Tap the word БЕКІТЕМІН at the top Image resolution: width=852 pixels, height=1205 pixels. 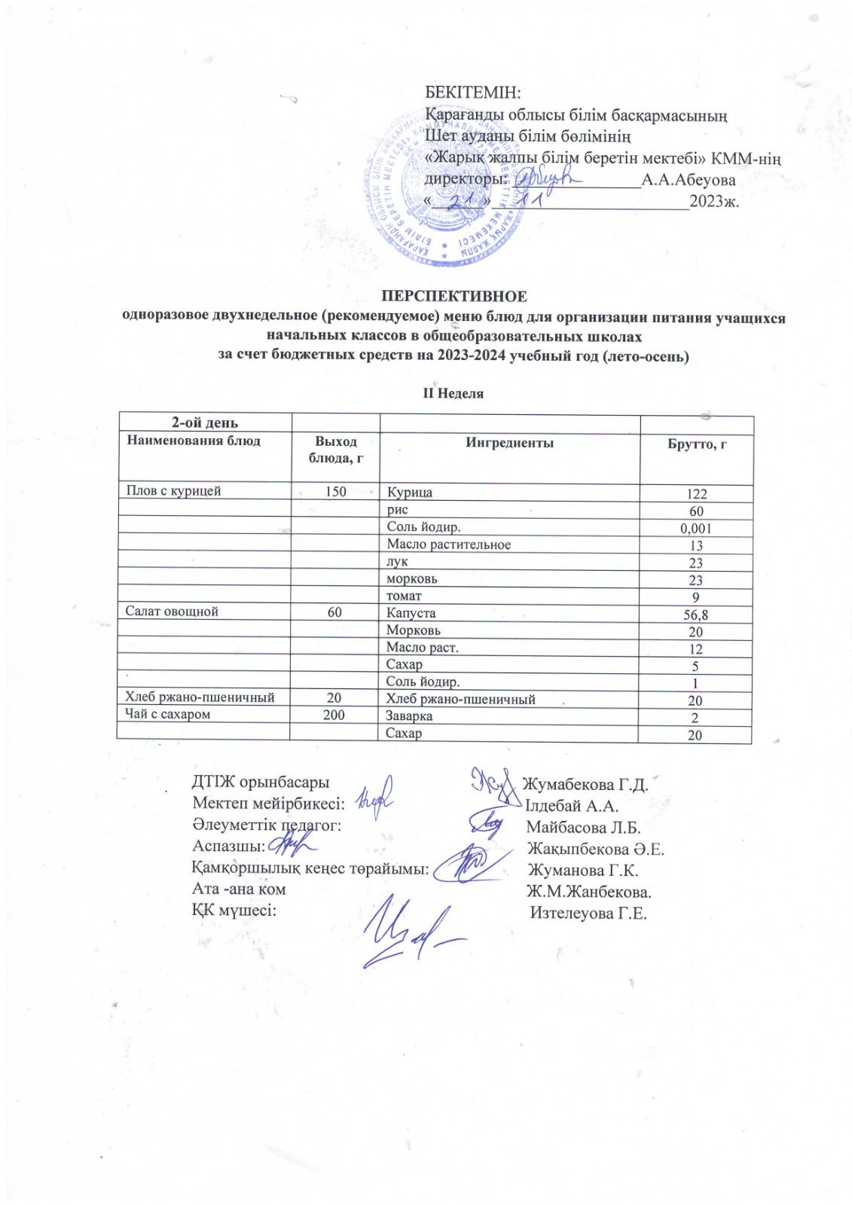pyautogui.click(x=473, y=93)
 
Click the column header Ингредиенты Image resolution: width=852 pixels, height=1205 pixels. pyautogui.click(x=509, y=443)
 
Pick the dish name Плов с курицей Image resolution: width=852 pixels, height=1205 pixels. pyautogui.click(x=173, y=491)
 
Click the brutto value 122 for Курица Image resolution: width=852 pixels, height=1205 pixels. pyautogui.click(x=696, y=494)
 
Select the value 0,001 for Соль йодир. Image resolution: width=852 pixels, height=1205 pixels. pyautogui.click(x=695, y=528)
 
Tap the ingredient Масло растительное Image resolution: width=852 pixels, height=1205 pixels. pyautogui.click(x=448, y=545)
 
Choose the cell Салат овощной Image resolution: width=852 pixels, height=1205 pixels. pyautogui.click(x=172, y=612)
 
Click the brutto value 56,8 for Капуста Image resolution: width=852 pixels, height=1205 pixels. pyautogui.click(x=695, y=615)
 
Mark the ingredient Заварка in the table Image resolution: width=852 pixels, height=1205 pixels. pyautogui.click(x=409, y=716)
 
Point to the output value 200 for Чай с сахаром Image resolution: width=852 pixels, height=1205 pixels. pyautogui.click(x=334, y=714)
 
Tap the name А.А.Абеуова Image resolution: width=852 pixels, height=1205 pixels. pyautogui.click(x=688, y=180)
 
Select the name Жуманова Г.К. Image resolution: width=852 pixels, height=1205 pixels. pyautogui.click(x=583, y=871)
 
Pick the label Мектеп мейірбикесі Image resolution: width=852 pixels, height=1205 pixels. pyautogui.click(x=268, y=805)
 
